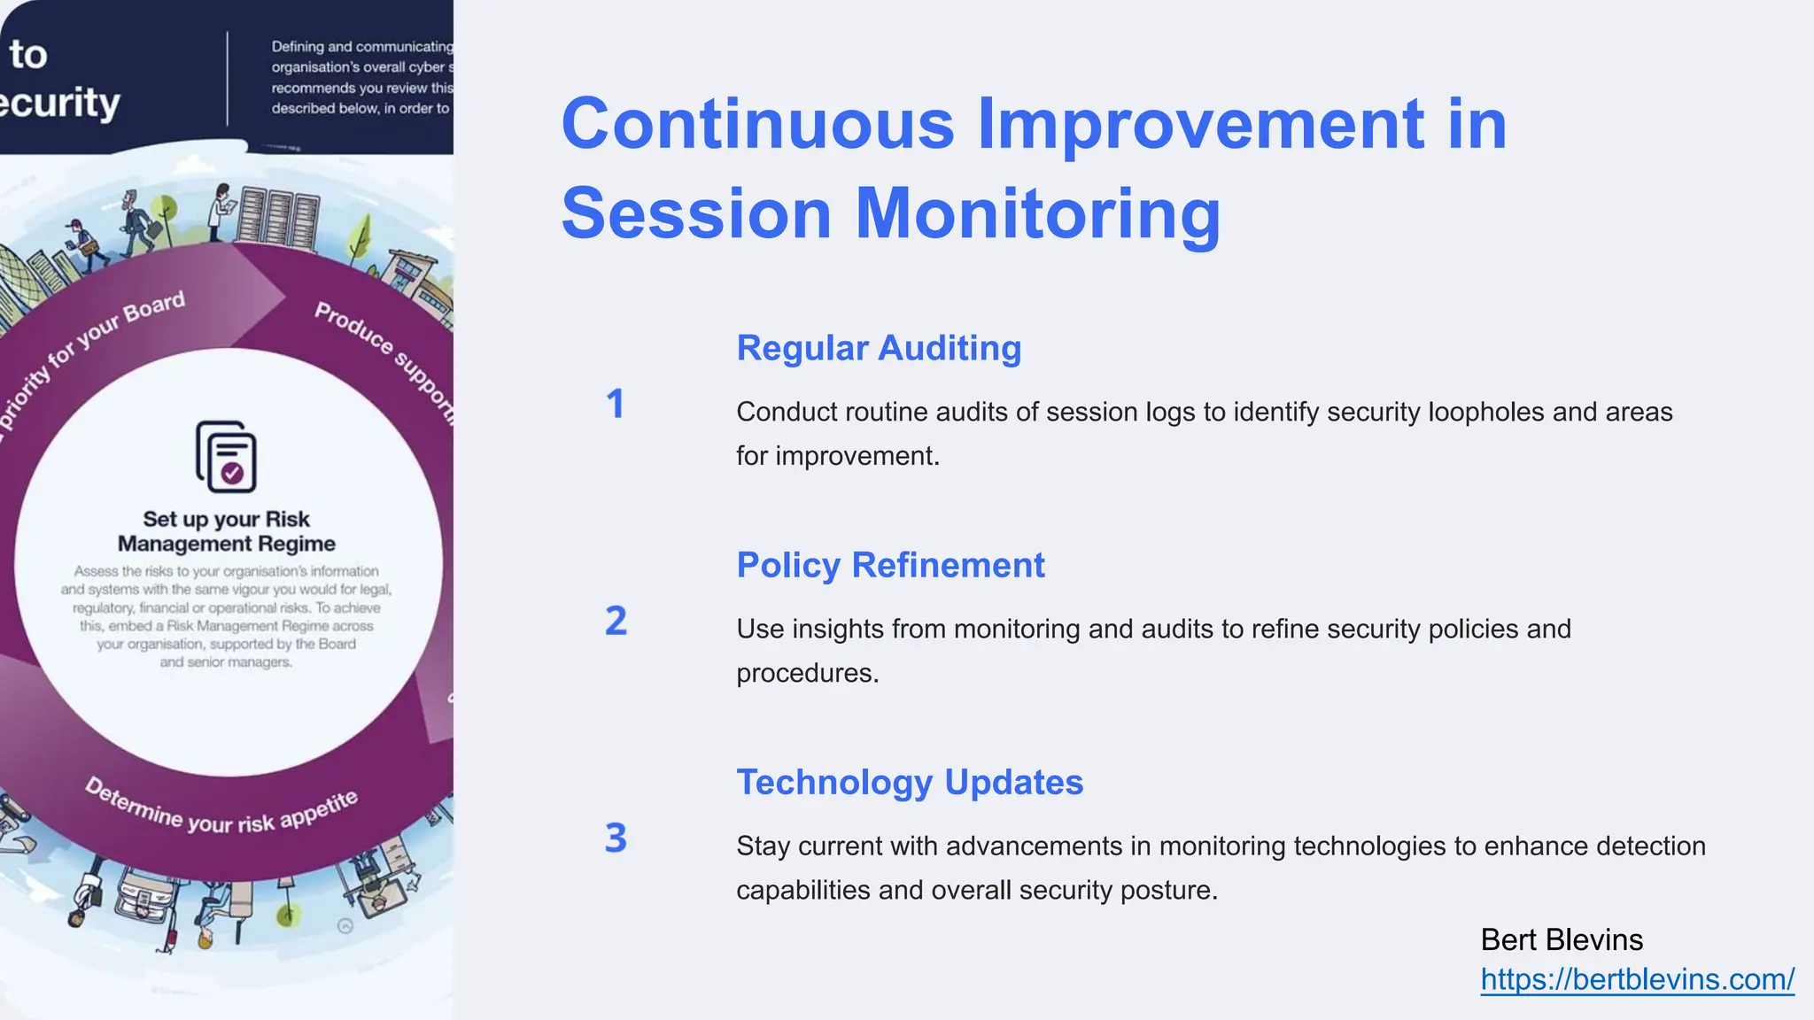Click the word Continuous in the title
tap(757, 124)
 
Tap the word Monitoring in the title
tap(1037, 214)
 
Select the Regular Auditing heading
tap(879, 348)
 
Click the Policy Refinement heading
tap(890, 565)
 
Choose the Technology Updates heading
tap(910, 782)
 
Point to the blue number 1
tap(616, 405)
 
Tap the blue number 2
tap(616, 621)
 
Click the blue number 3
tap(616, 838)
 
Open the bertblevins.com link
tap(1637, 979)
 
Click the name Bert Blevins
tap(1562, 939)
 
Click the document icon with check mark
tap(227, 457)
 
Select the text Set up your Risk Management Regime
tap(227, 531)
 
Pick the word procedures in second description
tap(807, 673)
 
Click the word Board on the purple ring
tap(155, 306)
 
